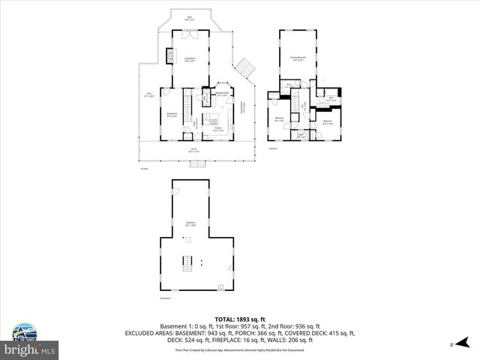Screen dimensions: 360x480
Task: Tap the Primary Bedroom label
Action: [298, 57]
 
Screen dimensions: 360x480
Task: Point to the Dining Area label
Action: [171, 114]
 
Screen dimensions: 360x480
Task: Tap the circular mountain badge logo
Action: [22, 331]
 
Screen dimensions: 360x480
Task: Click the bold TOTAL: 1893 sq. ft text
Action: [239, 319]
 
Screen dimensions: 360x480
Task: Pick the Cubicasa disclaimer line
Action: [239, 349]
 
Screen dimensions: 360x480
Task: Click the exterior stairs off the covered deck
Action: [244, 70]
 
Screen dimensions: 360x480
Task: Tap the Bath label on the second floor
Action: [331, 98]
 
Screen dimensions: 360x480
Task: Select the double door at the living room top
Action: [190, 34]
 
